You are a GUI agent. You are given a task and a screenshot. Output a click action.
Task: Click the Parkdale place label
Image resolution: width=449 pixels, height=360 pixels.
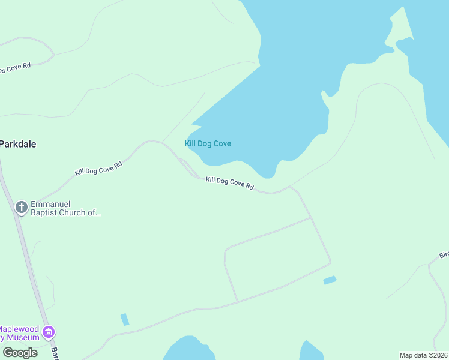pyautogui.click(x=18, y=144)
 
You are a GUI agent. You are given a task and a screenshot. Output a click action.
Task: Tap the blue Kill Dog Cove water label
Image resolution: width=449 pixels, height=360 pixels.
pyautogui.click(x=208, y=144)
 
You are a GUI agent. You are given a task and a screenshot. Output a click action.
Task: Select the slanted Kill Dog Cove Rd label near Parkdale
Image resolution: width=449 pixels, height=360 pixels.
pyautogui.click(x=98, y=168)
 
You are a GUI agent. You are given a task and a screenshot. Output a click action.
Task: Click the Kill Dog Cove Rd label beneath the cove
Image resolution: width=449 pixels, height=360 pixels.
pyautogui.click(x=229, y=184)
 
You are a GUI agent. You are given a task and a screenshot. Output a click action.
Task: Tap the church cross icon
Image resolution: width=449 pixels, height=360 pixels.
pyautogui.click(x=21, y=208)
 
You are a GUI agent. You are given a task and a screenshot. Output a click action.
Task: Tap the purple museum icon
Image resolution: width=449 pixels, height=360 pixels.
pyautogui.click(x=49, y=332)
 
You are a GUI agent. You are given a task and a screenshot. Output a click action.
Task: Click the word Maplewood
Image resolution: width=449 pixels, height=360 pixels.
pyautogui.click(x=19, y=328)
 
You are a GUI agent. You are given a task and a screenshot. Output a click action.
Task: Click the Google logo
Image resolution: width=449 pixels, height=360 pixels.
pyautogui.click(x=20, y=352)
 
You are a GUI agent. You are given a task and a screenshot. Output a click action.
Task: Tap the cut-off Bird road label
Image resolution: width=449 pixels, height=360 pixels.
pyautogui.click(x=444, y=255)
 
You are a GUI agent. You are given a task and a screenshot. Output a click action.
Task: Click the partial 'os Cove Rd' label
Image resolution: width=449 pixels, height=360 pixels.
pyautogui.click(x=15, y=67)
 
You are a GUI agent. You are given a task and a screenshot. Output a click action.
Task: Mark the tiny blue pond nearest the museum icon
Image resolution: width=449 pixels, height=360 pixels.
pyautogui.click(x=124, y=319)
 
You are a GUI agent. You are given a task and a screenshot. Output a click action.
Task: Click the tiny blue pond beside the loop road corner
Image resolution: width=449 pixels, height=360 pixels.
pyautogui.click(x=330, y=280)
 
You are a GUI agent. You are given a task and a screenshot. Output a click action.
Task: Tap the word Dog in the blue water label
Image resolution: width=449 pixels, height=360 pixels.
pyautogui.click(x=202, y=144)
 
